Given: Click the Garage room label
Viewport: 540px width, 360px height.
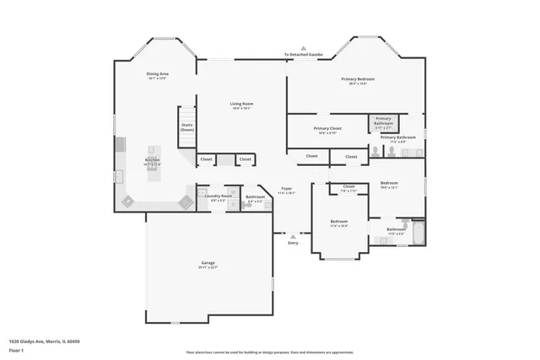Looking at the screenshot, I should click(208, 262).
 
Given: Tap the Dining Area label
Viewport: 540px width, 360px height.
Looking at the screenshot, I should click(157, 74).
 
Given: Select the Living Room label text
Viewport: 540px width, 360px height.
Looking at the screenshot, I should click(242, 104).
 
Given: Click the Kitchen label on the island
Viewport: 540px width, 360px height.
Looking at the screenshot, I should click(152, 159).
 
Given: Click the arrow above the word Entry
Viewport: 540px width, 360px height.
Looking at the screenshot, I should click(293, 234).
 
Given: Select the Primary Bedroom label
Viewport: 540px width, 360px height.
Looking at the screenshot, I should click(358, 79).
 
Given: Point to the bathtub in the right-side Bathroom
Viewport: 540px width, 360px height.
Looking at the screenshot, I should click(416, 231).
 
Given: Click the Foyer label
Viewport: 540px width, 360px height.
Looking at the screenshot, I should click(287, 190).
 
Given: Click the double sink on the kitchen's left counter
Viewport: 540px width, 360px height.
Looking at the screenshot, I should click(120, 177).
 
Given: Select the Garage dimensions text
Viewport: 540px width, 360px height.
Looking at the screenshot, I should click(208, 267).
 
